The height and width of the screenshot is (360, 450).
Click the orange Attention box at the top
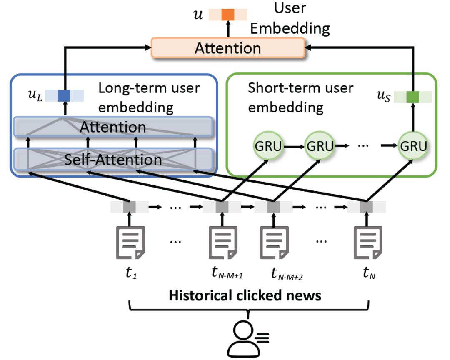[227, 48]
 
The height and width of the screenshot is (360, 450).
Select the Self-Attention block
[113, 160]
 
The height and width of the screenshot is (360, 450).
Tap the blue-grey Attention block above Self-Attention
[113, 127]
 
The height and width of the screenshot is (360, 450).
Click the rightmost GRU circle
[412, 147]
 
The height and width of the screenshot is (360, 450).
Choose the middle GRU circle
[320, 147]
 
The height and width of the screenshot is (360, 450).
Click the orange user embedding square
[228, 15]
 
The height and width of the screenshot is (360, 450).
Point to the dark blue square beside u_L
[64, 96]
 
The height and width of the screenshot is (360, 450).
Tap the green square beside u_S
[412, 96]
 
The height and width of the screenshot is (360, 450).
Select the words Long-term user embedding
[149, 98]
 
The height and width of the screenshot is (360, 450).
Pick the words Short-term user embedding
[300, 98]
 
